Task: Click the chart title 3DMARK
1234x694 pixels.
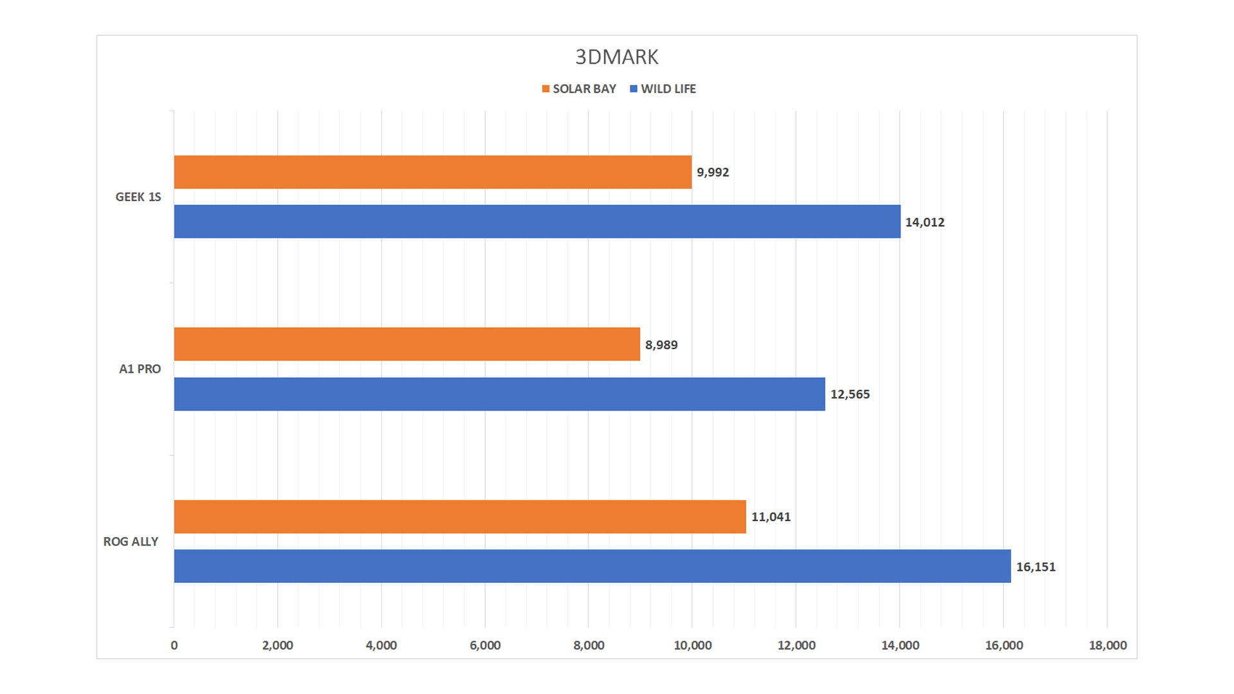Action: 616,57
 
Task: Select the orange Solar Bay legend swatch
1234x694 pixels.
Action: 546,89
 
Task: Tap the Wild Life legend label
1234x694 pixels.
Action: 668,89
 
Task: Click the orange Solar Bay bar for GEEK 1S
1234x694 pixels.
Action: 433,172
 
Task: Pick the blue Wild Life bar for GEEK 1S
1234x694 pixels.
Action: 537,222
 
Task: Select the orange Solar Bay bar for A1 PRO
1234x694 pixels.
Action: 407,344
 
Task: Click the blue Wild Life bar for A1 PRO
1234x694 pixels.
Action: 499,394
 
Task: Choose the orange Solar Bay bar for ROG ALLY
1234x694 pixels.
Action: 460,517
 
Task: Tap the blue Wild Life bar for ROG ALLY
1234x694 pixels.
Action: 592,566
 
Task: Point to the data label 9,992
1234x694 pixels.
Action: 713,172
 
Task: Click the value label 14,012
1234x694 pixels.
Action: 925,222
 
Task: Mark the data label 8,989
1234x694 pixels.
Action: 661,345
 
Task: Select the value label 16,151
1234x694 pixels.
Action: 1035,567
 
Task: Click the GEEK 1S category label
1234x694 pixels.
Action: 138,197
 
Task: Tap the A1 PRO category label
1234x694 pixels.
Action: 139,369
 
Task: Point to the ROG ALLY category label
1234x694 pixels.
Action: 130,542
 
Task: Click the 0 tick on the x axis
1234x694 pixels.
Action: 174,645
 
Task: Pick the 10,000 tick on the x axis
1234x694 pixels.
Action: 692,645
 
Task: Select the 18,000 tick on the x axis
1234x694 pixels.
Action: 1107,645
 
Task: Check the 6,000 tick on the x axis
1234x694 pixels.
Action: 485,645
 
